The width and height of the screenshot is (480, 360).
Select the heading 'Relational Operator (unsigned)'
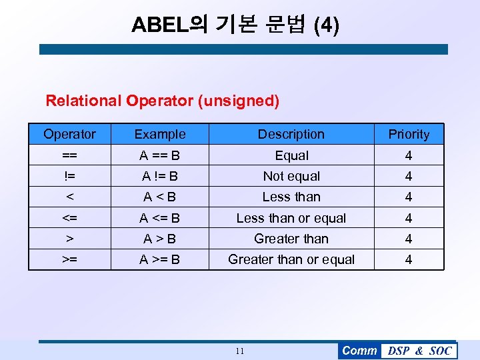tap(162, 101)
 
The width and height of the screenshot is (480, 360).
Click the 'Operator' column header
tap(69, 134)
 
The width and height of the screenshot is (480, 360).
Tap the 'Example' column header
tap(160, 134)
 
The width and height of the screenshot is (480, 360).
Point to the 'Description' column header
tap(291, 134)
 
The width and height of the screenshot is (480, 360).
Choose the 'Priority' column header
tap(409, 134)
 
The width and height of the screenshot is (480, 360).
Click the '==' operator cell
tap(69, 155)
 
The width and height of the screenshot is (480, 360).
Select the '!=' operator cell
tap(69, 176)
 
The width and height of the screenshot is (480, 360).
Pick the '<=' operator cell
tap(69, 218)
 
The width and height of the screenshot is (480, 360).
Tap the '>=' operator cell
tap(69, 259)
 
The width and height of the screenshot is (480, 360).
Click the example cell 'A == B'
tap(160, 155)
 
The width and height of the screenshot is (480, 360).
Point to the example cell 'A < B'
tap(160, 197)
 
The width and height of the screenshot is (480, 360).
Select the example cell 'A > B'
tap(160, 239)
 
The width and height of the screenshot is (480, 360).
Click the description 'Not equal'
tap(291, 176)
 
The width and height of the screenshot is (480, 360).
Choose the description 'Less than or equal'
tap(291, 218)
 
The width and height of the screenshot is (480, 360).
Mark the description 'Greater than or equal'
tap(291, 259)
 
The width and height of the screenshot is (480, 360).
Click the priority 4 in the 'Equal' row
tap(409, 155)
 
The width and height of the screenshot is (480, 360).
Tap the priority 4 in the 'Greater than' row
tap(409, 239)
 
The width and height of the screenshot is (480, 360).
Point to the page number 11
tap(240, 351)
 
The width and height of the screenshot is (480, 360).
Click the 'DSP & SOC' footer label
tap(419, 351)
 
